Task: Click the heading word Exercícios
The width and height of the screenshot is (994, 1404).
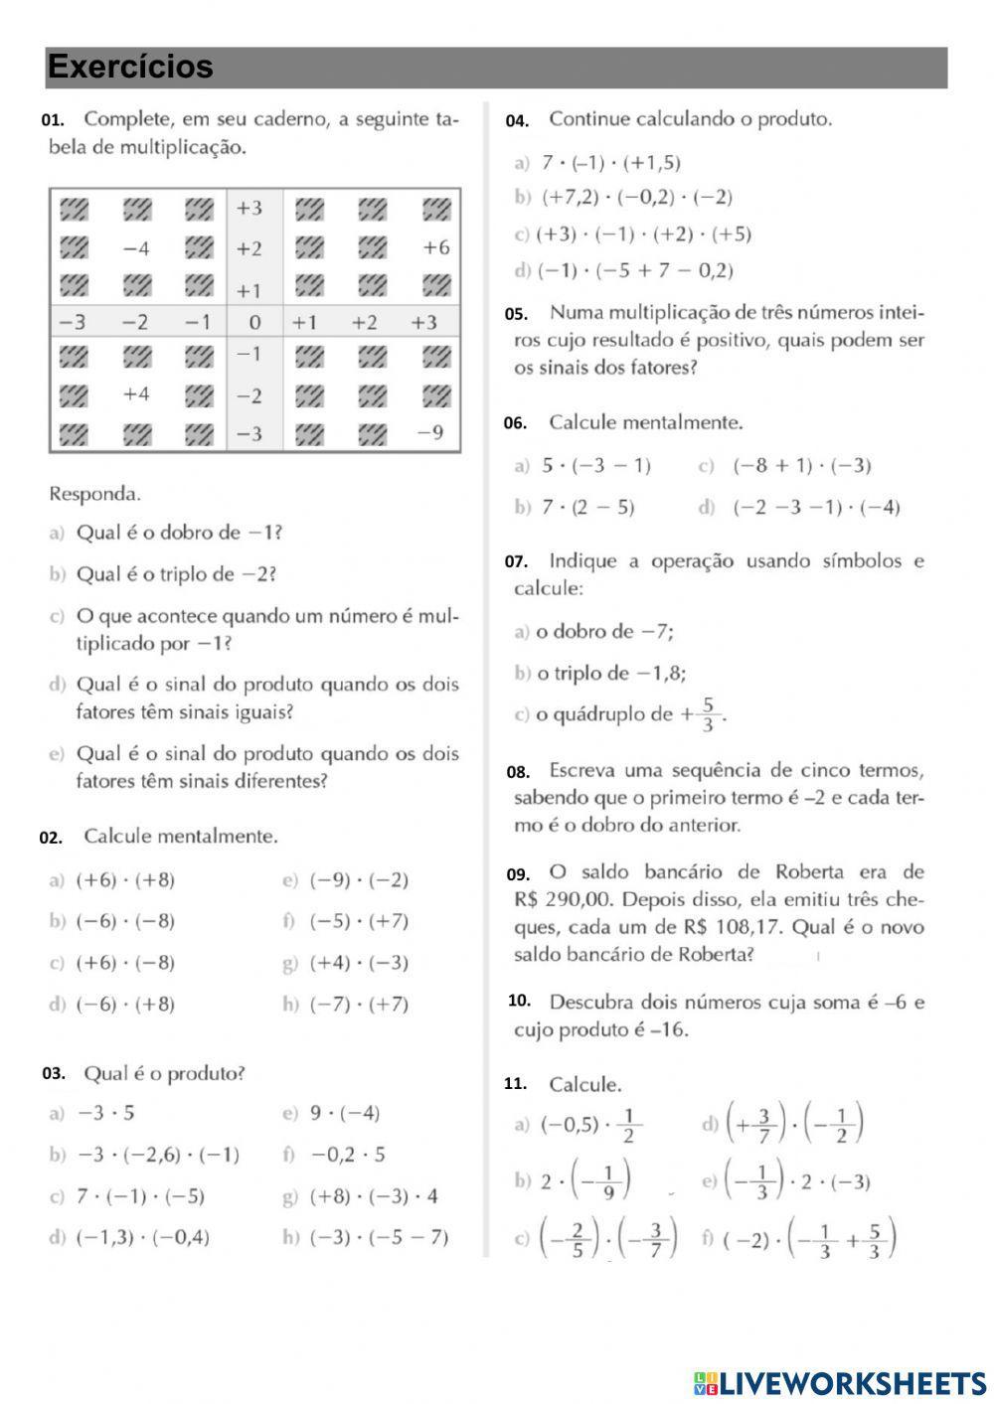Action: (x=130, y=67)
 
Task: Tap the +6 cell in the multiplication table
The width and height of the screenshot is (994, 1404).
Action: (x=435, y=247)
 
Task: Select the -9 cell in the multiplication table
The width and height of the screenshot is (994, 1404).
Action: (x=430, y=433)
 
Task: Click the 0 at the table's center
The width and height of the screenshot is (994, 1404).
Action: (x=254, y=322)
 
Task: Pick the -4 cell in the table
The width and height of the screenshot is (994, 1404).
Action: (x=136, y=248)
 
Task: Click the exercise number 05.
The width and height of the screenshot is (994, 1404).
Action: (x=516, y=314)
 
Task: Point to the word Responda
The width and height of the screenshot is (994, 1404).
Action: (x=95, y=493)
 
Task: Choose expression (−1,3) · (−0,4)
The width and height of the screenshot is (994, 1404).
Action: (x=143, y=1238)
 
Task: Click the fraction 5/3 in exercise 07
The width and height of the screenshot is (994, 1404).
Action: (x=708, y=714)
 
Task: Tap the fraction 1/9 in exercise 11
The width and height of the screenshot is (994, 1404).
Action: (x=607, y=1179)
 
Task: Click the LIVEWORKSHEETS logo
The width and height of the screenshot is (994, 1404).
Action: (x=840, y=1382)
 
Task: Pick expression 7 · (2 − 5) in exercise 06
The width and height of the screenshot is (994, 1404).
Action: (x=587, y=508)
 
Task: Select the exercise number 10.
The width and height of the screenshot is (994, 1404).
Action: (x=519, y=1001)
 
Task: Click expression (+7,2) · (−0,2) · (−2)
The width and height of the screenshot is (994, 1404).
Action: (x=636, y=198)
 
